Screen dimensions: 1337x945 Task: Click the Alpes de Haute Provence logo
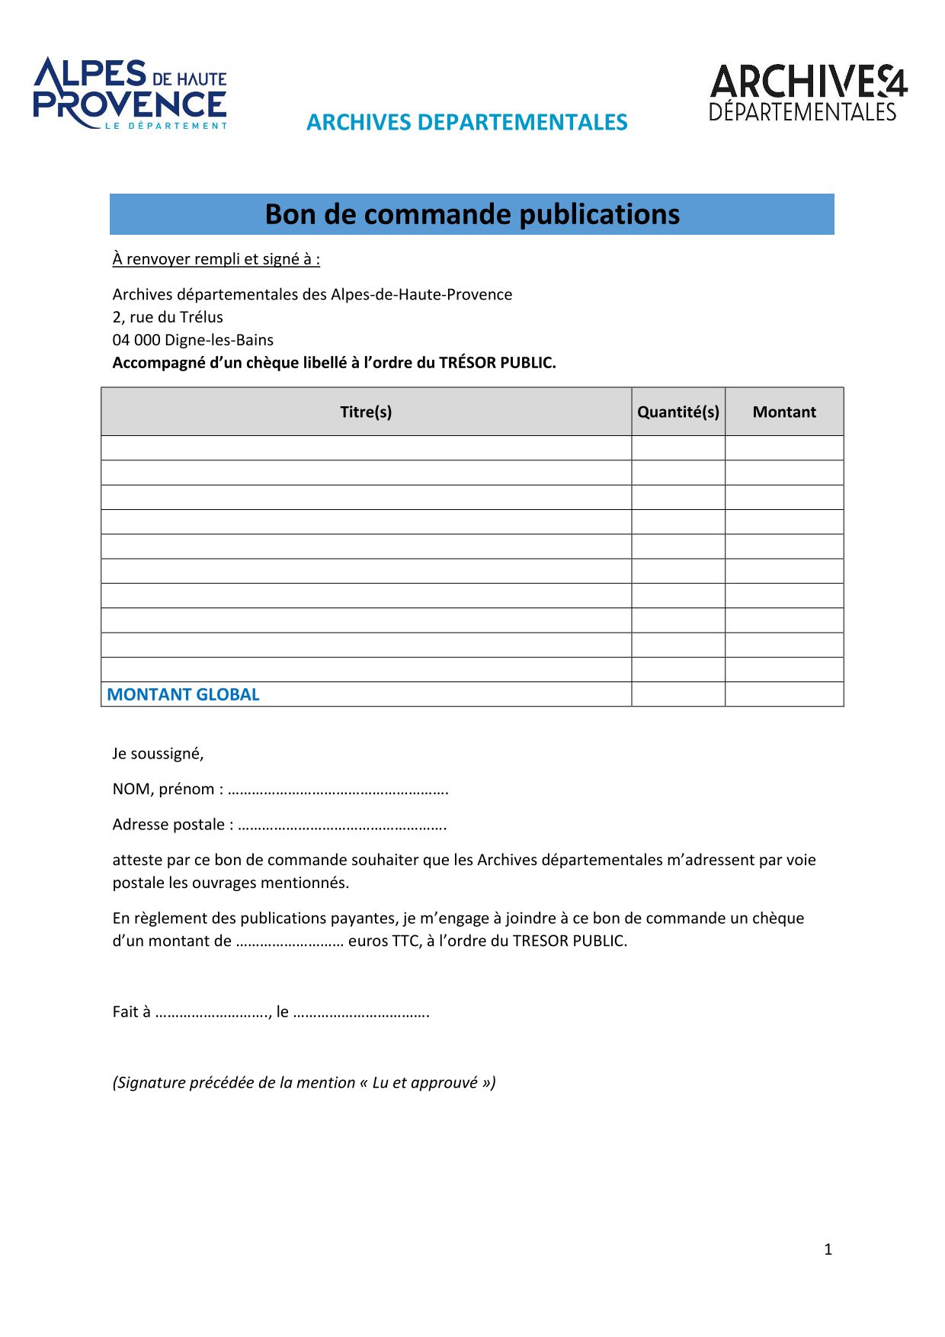(130, 94)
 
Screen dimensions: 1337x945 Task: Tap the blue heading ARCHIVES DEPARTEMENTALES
(466, 122)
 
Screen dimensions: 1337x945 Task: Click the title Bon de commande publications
(472, 214)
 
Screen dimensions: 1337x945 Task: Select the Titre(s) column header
(366, 412)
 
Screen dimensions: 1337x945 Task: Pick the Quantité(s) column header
(678, 412)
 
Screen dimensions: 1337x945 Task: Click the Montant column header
(784, 412)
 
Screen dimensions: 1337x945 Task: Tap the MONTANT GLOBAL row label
(183, 694)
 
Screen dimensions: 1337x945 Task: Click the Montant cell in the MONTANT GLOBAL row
(784, 694)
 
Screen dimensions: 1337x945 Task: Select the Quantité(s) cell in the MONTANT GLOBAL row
(678, 694)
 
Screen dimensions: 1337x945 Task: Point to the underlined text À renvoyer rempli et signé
(216, 259)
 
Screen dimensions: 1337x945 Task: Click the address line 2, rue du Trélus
(168, 317)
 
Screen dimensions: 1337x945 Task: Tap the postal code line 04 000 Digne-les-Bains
(193, 340)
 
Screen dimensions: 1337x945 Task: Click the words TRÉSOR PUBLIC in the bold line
(497, 363)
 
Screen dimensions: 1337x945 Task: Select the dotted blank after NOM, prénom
(338, 790)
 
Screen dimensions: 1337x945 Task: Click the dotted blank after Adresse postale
(342, 826)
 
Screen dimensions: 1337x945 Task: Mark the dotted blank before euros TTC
(290, 942)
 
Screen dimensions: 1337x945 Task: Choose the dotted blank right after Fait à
(213, 1013)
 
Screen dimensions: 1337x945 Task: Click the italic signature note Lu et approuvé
(304, 1082)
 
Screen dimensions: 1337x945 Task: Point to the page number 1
(828, 1249)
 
